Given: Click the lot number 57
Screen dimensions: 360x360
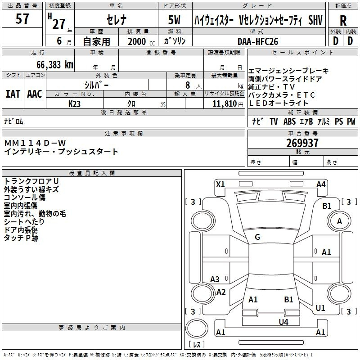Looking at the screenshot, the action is click(22, 19).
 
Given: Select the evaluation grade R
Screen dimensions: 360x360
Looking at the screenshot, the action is click(343, 21).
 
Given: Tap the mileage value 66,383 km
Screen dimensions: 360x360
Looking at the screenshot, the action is click(55, 65).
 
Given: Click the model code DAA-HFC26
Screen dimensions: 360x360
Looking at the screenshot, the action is click(258, 41).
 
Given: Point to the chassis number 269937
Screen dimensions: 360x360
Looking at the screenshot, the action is click(302, 143).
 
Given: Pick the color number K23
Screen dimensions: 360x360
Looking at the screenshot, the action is click(74, 104).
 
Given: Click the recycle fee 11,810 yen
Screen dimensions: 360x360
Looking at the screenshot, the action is click(228, 104).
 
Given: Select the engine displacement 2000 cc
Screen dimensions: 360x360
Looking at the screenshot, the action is click(141, 41).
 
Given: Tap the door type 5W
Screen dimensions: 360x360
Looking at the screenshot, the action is click(174, 20).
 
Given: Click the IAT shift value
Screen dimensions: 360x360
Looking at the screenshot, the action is click(13, 94).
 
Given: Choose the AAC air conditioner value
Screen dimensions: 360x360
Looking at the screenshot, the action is click(35, 94).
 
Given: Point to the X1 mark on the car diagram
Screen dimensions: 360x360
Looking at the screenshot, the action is click(220, 184).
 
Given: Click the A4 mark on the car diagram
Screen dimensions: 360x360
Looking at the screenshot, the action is click(321, 184).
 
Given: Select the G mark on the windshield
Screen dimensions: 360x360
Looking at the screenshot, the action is click(257, 237).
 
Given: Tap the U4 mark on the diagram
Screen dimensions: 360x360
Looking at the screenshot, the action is click(283, 322).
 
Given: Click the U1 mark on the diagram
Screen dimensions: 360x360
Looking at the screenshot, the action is click(320, 308).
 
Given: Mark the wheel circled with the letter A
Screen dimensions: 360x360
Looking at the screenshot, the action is click(339, 221).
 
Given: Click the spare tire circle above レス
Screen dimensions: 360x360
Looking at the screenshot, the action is click(197, 328).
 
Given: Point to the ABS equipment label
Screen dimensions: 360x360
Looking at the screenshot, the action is click(289, 121).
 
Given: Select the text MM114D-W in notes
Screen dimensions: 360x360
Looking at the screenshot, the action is click(35, 143).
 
